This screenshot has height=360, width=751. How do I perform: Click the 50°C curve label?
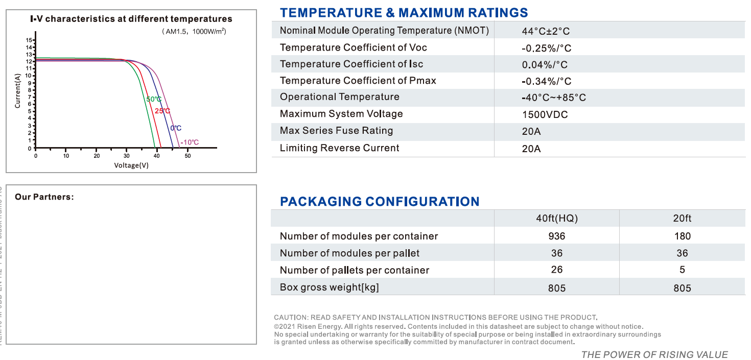pos(154,99)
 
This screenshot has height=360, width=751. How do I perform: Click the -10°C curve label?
pos(189,142)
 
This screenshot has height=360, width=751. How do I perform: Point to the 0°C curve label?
pos(176,128)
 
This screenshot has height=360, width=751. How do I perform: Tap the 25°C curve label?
pos(162,111)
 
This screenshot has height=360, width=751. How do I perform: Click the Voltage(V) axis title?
pos(131,165)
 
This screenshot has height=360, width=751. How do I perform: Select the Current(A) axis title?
pos(18,91)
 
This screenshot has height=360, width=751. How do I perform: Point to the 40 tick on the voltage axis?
pos(157,156)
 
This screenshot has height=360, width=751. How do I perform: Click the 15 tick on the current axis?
pos(29,40)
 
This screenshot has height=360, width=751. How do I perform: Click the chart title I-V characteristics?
pos(131,19)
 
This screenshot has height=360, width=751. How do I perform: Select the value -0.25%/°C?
pos(546,48)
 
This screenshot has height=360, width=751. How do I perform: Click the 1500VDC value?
pos(545,114)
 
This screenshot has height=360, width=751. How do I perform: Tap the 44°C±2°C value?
pos(546,31)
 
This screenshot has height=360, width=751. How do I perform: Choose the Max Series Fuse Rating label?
pos(336,131)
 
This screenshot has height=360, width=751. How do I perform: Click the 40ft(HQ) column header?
pos(556,219)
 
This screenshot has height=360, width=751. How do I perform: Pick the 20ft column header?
pos(682,219)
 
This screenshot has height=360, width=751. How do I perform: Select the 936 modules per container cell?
pos(556,236)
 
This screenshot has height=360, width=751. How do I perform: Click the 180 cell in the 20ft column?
pos(682,236)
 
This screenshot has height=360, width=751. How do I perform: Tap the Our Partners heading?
pos(44,197)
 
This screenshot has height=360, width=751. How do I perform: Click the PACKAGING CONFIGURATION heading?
pos(380,201)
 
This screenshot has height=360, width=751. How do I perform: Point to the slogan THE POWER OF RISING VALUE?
pos(654,354)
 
